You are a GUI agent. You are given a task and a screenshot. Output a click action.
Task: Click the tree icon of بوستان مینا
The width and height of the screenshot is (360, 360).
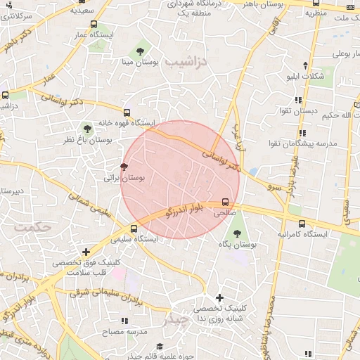[141, 51]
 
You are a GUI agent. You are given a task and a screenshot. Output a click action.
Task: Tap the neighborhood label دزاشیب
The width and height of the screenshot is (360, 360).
[188, 62]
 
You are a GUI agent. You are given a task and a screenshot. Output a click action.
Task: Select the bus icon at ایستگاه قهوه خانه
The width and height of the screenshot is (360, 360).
[127, 112]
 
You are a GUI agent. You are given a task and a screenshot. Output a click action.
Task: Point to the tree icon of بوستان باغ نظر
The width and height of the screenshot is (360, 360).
[87, 129]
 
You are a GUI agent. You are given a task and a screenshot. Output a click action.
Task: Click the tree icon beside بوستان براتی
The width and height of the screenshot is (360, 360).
[124, 167]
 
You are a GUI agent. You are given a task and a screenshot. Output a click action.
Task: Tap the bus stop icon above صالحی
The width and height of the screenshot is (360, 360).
[225, 200]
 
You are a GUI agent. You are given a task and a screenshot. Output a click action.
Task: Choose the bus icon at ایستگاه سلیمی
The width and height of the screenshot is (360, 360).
[134, 228]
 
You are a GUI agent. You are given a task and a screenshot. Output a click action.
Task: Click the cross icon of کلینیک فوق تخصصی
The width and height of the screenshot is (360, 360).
[86, 251]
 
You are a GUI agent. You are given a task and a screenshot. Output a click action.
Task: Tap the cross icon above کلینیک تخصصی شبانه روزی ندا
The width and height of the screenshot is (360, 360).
[220, 297]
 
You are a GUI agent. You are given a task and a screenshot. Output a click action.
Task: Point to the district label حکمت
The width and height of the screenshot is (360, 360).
[33, 227]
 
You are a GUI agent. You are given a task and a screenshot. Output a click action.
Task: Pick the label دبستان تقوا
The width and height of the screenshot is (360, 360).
[301, 111]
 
